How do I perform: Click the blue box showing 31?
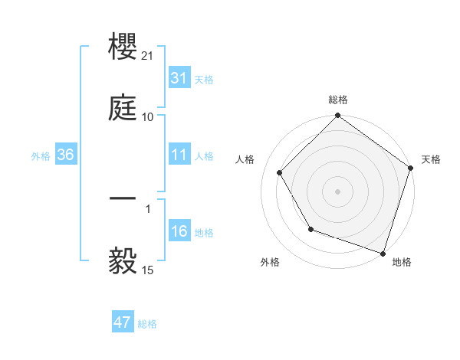pyautogui.click(x=179, y=78)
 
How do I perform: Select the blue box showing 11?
pyautogui.click(x=179, y=155)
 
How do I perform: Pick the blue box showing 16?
pyautogui.click(x=179, y=232)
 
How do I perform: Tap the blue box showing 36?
pyautogui.click(x=66, y=155)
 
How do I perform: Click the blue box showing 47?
pyautogui.click(x=123, y=322)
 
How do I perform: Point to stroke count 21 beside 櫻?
pyautogui.click(x=149, y=56)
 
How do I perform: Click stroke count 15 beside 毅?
pyautogui.click(x=149, y=270)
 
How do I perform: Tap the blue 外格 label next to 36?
pyautogui.click(x=41, y=156)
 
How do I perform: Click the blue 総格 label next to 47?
pyautogui.click(x=147, y=324)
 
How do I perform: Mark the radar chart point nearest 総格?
pyautogui.click(x=337, y=116)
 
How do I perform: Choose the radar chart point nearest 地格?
pyautogui.click(x=383, y=253)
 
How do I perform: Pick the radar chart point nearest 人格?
pyautogui.click(x=280, y=172)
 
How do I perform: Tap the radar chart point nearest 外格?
pyautogui.click(x=310, y=229)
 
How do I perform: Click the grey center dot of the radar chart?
pyautogui.click(x=337, y=191)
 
